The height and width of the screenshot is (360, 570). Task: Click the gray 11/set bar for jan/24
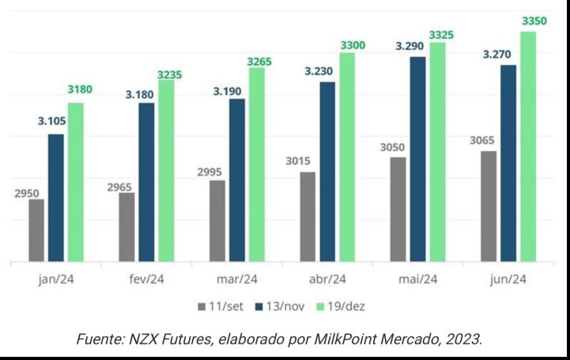click(36, 229)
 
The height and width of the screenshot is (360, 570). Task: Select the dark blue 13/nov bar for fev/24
click(146, 181)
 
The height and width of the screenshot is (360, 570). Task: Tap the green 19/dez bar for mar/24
click(256, 164)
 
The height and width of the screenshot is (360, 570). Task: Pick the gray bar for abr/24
click(308, 216)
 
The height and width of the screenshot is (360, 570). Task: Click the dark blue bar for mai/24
click(418, 158)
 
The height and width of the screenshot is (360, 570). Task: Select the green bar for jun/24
click(528, 146)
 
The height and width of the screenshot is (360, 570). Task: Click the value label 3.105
click(55, 121)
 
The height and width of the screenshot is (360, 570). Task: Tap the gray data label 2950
click(27, 192)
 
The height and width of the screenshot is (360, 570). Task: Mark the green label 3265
click(260, 61)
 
